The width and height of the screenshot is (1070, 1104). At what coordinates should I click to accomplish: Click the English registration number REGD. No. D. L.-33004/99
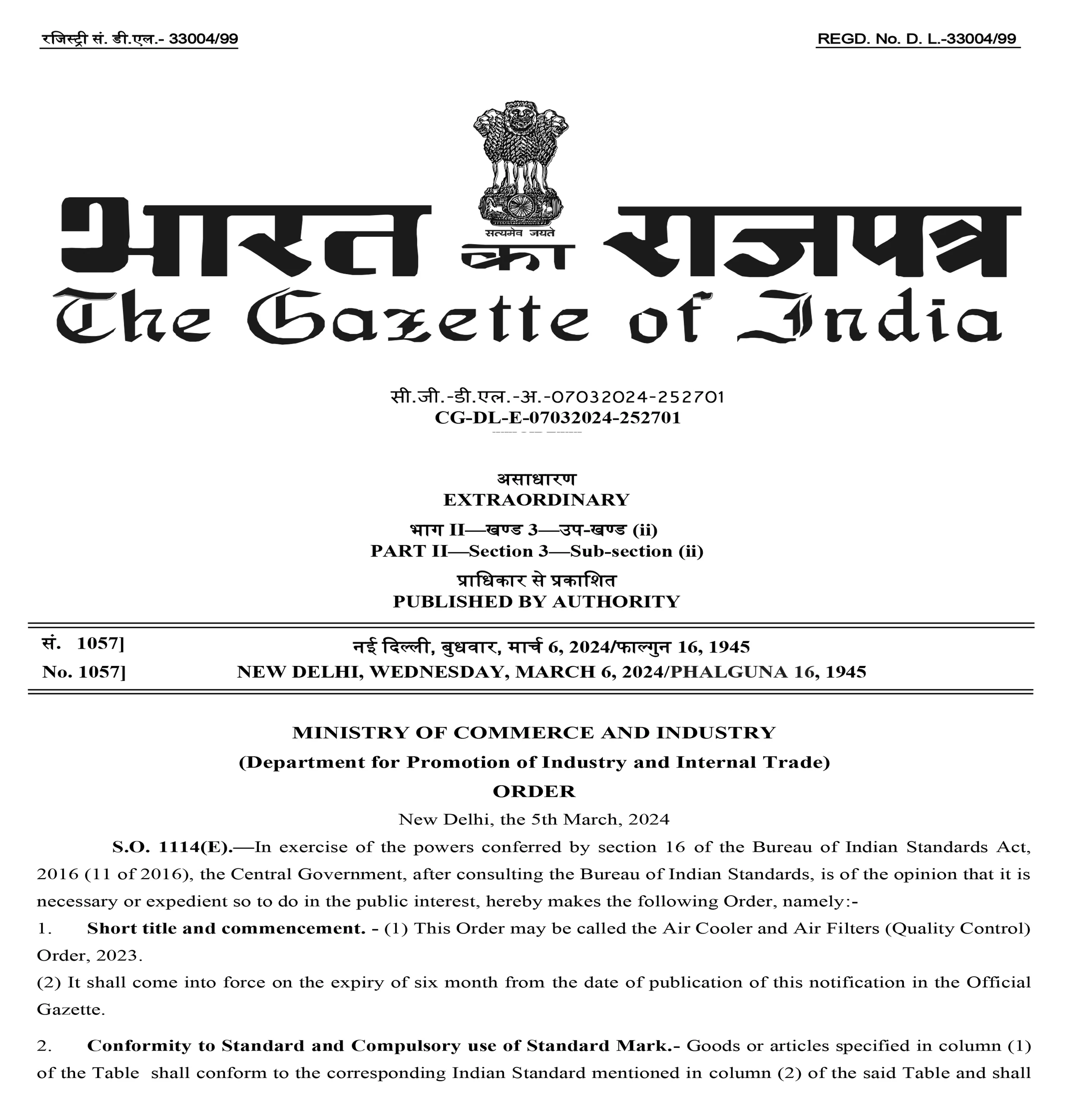[x=917, y=39]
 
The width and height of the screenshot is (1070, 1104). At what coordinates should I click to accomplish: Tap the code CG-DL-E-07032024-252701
[x=557, y=417]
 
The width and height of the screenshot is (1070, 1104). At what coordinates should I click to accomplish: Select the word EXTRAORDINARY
[x=536, y=500]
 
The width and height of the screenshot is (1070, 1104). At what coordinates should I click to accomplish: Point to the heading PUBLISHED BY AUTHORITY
[x=536, y=602]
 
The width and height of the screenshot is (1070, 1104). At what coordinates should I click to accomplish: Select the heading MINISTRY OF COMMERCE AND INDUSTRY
[x=534, y=732]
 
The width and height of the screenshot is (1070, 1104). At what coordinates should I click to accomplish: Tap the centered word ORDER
[x=534, y=791]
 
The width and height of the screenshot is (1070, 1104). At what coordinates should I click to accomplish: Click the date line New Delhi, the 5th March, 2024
[x=534, y=819]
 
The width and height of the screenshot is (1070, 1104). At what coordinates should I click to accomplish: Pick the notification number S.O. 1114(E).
[x=172, y=847]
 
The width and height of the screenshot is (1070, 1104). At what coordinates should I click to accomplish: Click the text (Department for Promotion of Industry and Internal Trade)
[x=534, y=762]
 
